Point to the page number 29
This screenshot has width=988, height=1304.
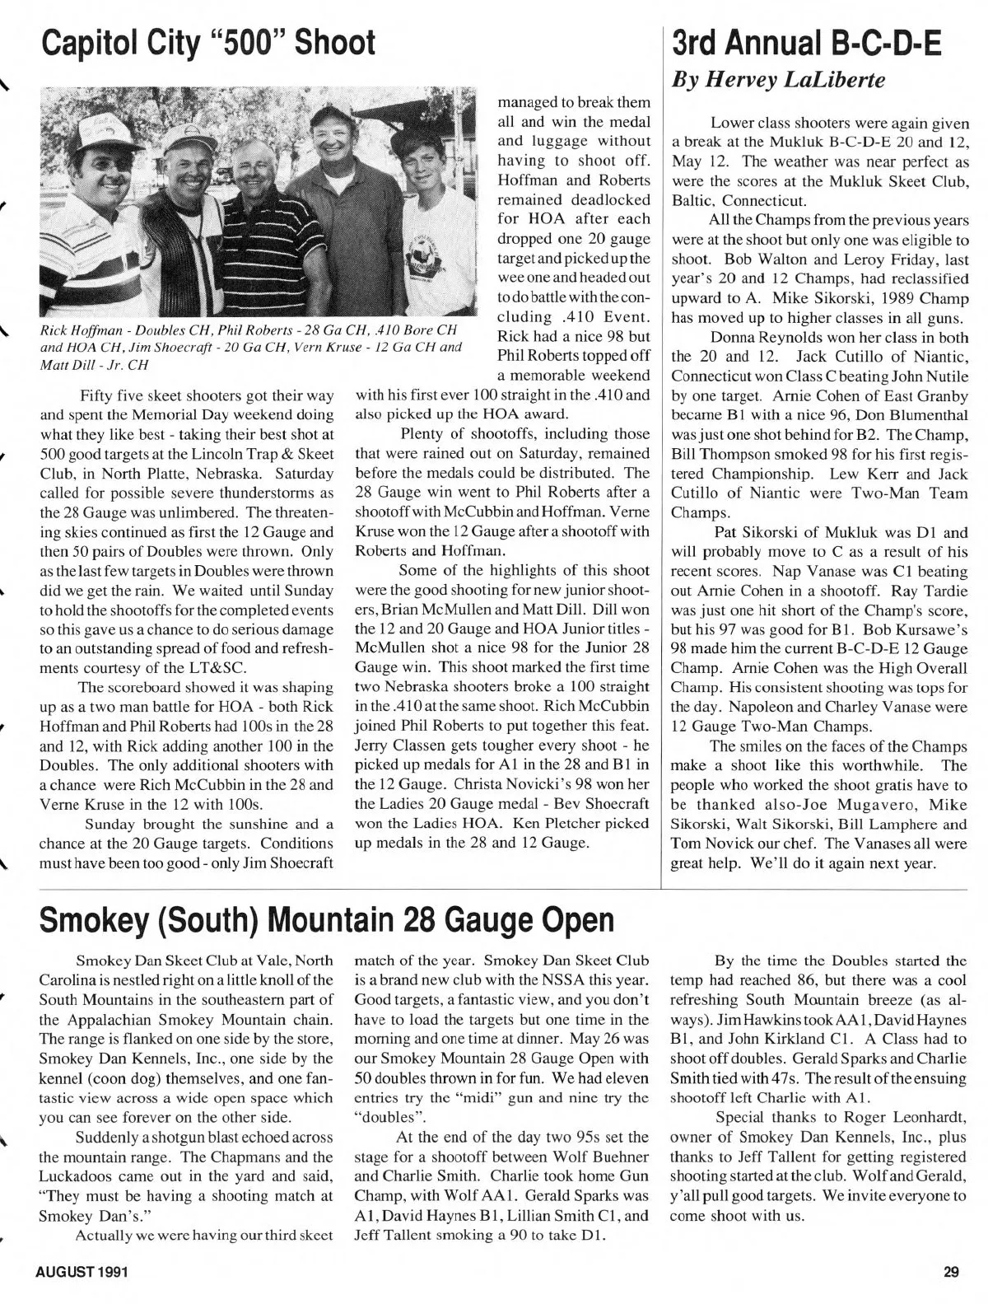(x=952, y=1272)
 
